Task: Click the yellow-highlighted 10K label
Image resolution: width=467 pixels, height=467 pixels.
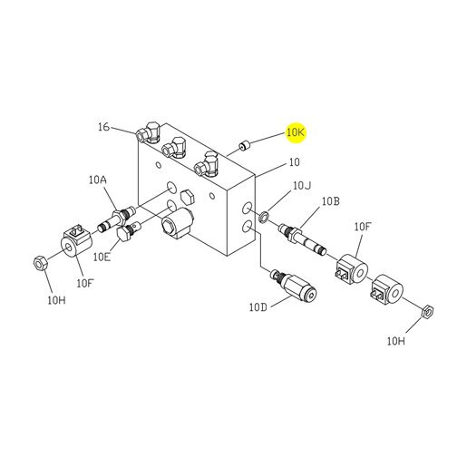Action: point(297,132)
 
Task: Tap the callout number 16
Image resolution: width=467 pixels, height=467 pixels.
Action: point(103,127)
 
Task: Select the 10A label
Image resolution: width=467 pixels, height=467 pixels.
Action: point(98,180)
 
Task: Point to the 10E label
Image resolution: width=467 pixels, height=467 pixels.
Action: point(102,257)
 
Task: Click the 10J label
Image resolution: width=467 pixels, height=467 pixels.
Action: point(302,186)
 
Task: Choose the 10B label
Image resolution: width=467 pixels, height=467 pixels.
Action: point(330,201)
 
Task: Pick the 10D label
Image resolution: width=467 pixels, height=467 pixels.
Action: point(258,307)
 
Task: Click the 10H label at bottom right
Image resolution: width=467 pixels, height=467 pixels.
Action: point(396,341)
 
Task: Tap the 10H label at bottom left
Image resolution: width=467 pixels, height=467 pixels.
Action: point(56,300)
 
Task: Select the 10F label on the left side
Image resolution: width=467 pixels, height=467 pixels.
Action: point(85,284)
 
